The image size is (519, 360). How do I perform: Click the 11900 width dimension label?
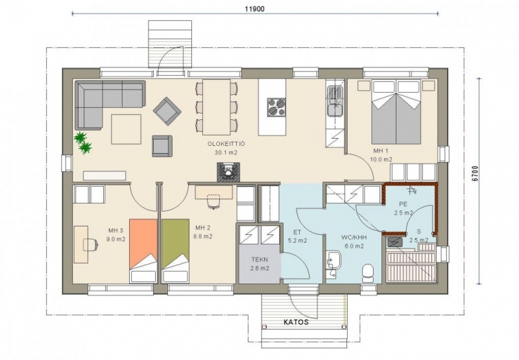(254, 9)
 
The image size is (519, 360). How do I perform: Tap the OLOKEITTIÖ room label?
(226, 143)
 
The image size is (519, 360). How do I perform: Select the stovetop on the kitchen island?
(276, 107)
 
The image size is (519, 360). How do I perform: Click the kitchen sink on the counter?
(335, 101)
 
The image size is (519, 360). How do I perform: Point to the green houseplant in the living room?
(83, 143)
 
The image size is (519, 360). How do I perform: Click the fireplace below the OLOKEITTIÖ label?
(228, 172)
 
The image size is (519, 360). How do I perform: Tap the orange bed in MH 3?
(143, 250)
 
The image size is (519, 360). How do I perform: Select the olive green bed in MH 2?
(175, 250)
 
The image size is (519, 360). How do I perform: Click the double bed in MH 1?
(397, 112)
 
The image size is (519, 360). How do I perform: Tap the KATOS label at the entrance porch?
(296, 322)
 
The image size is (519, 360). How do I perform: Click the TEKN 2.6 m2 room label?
(260, 264)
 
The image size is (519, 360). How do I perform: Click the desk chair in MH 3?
(90, 244)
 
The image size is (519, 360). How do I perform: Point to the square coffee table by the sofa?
(126, 129)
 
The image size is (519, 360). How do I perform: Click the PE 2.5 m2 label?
(403, 208)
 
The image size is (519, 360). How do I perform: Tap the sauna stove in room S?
(394, 242)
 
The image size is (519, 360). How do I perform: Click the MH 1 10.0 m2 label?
(381, 155)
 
